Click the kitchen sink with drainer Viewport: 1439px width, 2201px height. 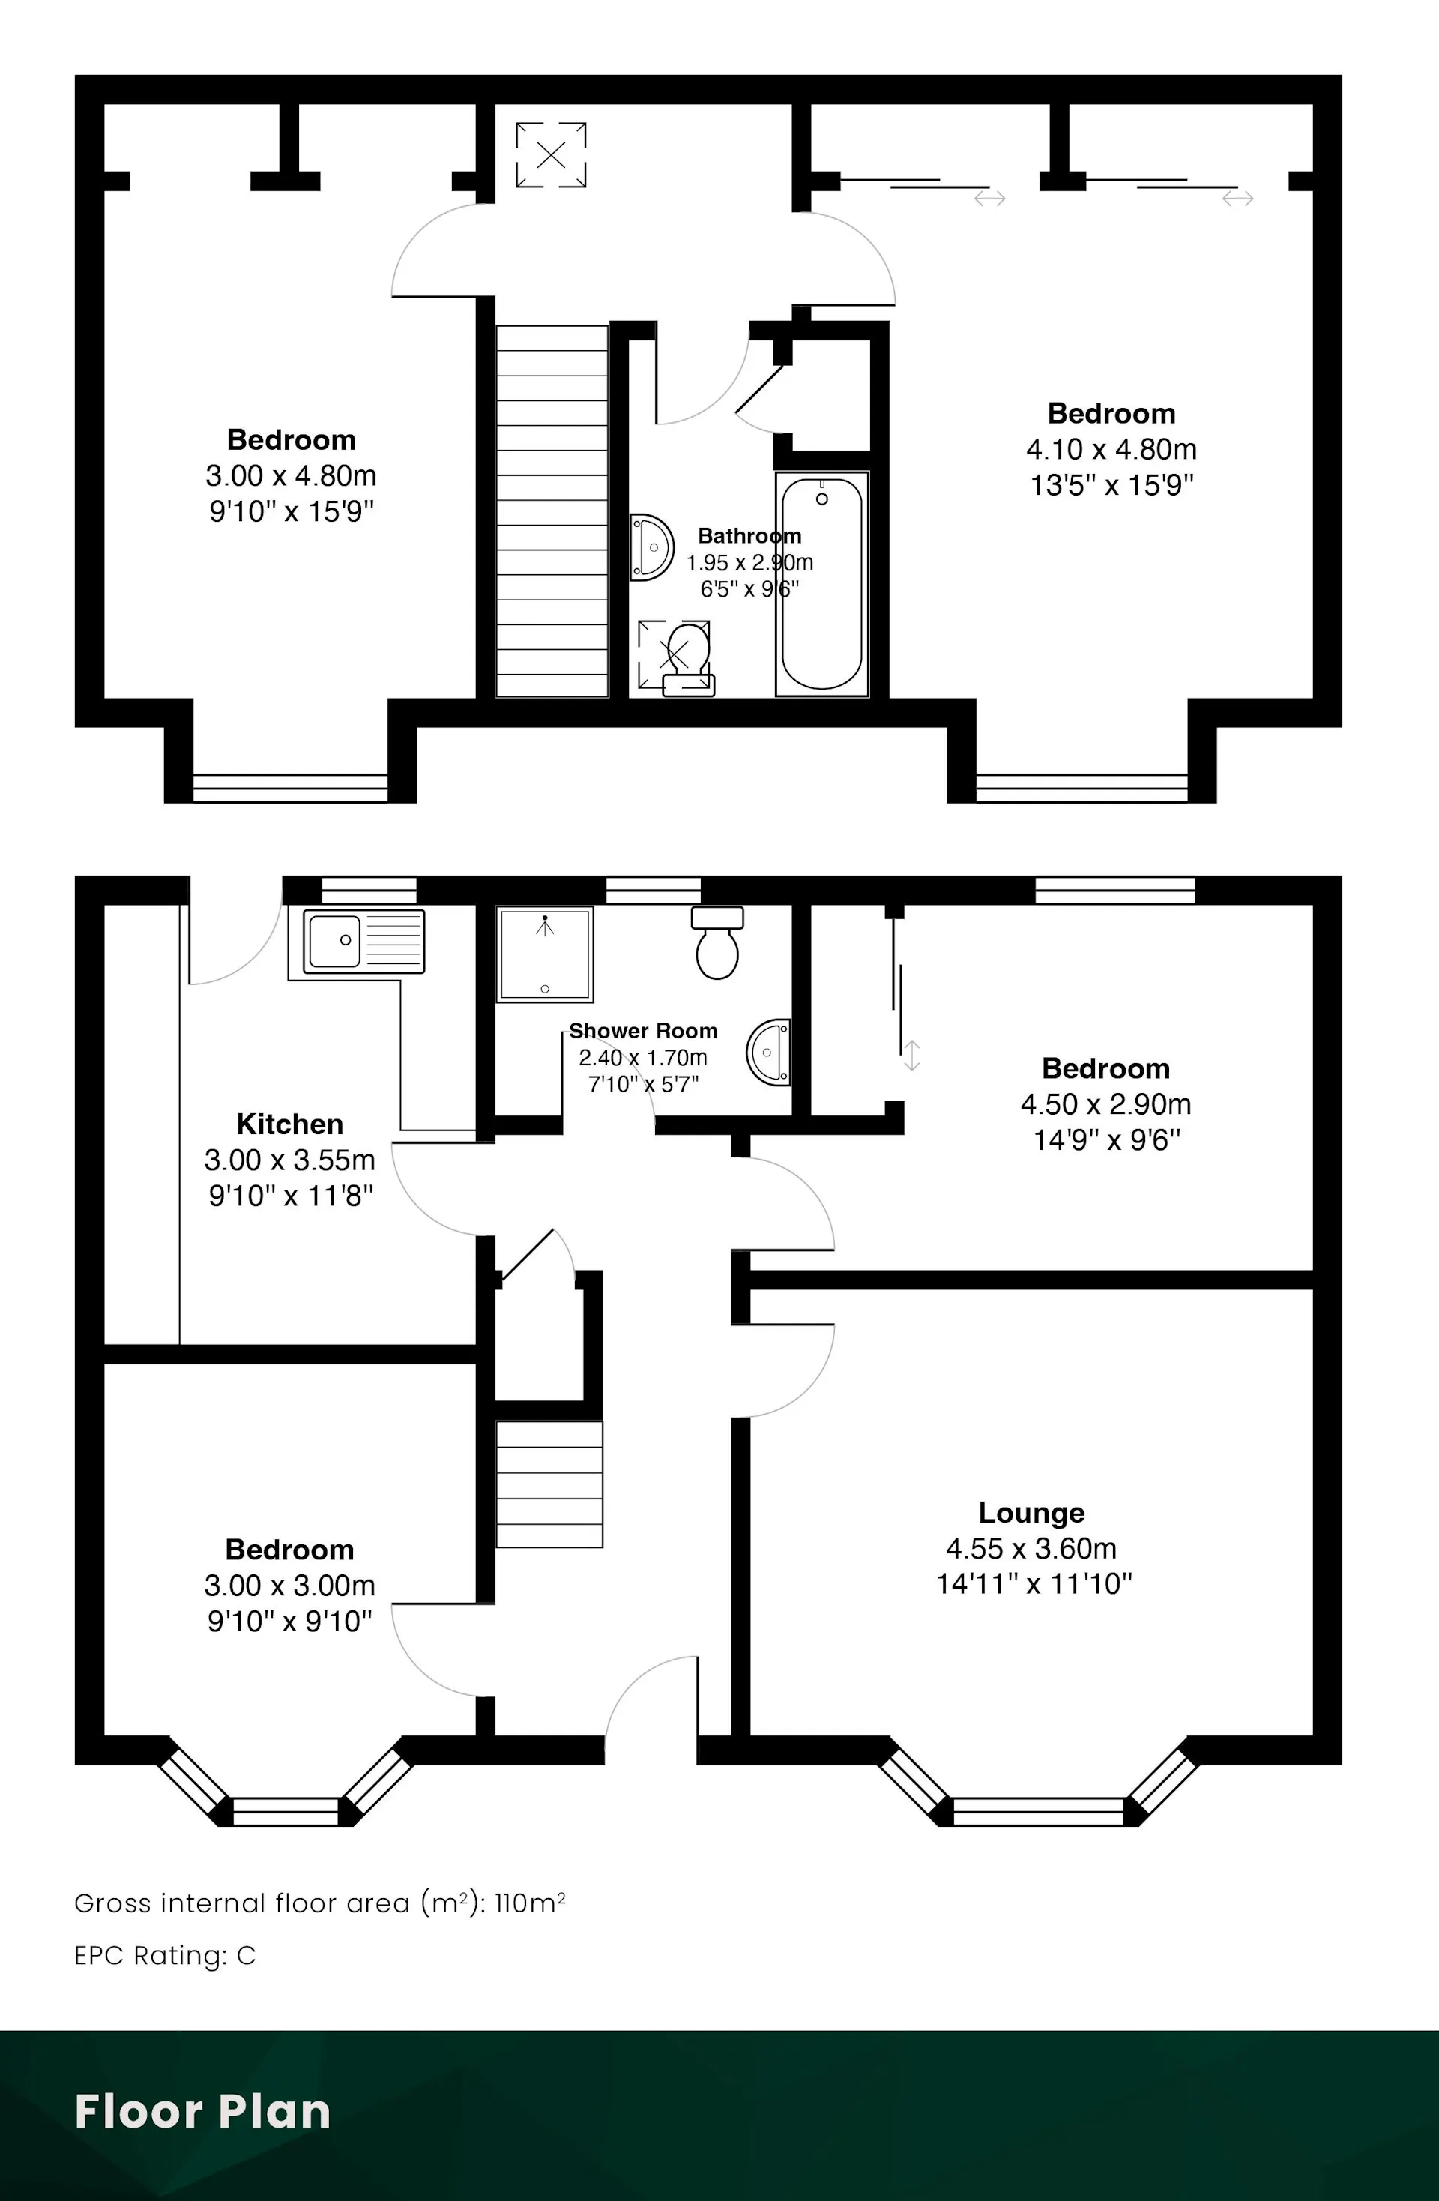[x=357, y=941]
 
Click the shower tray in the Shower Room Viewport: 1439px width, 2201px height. [x=545, y=954]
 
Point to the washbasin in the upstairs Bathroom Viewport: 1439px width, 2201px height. [x=651, y=547]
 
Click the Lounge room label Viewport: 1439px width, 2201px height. [x=1032, y=1512]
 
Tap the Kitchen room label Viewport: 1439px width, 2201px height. [x=289, y=1124]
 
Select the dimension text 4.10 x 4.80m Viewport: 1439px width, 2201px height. [x=1111, y=450]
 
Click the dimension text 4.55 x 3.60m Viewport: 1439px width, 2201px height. [x=1031, y=1548]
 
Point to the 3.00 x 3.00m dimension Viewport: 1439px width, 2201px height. [x=289, y=1585]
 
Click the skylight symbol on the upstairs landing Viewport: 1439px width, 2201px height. [x=551, y=155]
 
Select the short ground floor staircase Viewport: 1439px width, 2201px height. [x=549, y=1484]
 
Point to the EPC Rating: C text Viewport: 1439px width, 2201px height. [x=165, y=1956]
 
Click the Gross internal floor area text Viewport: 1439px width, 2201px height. [x=320, y=1903]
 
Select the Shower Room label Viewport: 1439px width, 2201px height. [x=643, y=1030]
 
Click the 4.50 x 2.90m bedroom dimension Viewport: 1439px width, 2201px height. [x=1106, y=1104]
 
